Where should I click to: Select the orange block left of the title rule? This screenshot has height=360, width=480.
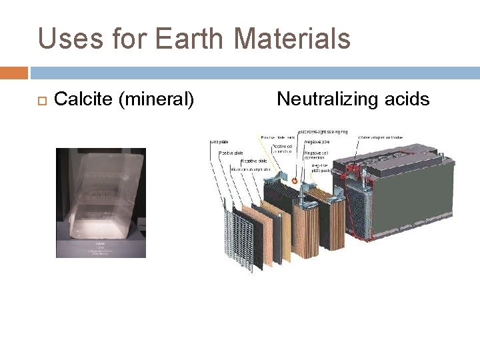pyautogui.click(x=13, y=72)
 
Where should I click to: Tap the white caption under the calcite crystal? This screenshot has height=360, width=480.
pyautogui.click(x=100, y=249)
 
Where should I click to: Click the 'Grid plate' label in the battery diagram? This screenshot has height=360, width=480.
pyautogui.click(x=219, y=142)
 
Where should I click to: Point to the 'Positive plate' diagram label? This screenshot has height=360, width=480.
pyautogui.click(x=231, y=153)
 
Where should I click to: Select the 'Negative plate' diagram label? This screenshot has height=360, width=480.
pyautogui.click(x=254, y=161)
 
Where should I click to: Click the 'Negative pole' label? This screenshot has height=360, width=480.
pyautogui.click(x=317, y=142)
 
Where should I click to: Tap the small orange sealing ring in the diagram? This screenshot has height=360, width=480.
pyautogui.click(x=295, y=180)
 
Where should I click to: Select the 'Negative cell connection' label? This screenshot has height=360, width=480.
pyautogui.click(x=317, y=156)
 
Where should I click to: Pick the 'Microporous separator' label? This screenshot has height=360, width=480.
pyautogui.click(x=250, y=169)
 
